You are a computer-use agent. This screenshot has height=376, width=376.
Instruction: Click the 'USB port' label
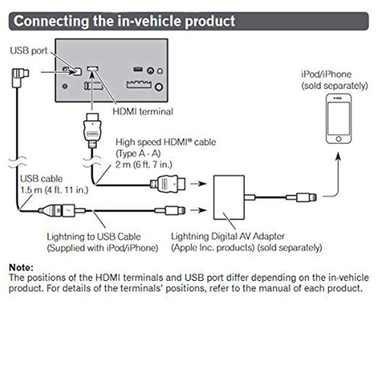tap(29, 50)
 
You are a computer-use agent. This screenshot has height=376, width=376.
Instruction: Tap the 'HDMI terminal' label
tap(143, 111)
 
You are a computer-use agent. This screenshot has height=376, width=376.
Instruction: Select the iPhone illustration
tap(339, 118)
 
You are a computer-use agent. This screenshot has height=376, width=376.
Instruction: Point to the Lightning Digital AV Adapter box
tap(229, 197)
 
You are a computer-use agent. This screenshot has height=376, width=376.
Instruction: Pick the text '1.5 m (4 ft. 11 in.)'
tap(54, 190)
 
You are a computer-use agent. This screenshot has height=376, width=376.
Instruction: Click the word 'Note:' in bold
tap(21, 268)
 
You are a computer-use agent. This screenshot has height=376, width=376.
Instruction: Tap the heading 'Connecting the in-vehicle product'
tap(124, 21)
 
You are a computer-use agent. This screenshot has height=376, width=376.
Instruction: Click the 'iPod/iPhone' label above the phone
tap(326, 74)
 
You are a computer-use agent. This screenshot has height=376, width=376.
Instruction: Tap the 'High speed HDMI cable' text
tap(165, 143)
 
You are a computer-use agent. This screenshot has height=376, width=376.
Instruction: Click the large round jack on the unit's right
tap(159, 87)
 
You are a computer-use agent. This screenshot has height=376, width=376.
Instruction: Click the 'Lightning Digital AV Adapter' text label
tap(227, 237)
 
